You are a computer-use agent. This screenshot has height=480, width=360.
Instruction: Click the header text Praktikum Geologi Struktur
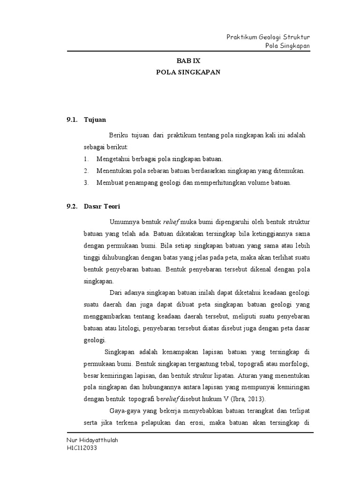coord(268,37)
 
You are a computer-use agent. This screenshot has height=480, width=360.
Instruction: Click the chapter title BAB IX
coord(188,61)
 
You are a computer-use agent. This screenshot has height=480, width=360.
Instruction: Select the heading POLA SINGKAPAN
coord(188,73)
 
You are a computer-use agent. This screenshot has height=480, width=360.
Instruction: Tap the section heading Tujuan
coord(95,120)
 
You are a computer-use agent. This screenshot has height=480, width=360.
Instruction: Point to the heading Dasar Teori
coord(102,206)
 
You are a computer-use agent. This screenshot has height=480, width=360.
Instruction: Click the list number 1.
coord(86,159)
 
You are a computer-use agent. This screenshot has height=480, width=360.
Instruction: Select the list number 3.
coord(86,182)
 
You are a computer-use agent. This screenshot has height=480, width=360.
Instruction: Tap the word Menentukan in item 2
coord(114,171)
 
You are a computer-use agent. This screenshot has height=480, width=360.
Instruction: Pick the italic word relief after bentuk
coord(171,221)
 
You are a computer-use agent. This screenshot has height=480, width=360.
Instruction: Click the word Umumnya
coord(123,221)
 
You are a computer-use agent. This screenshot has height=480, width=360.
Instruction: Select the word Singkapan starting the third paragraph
coord(119,352)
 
